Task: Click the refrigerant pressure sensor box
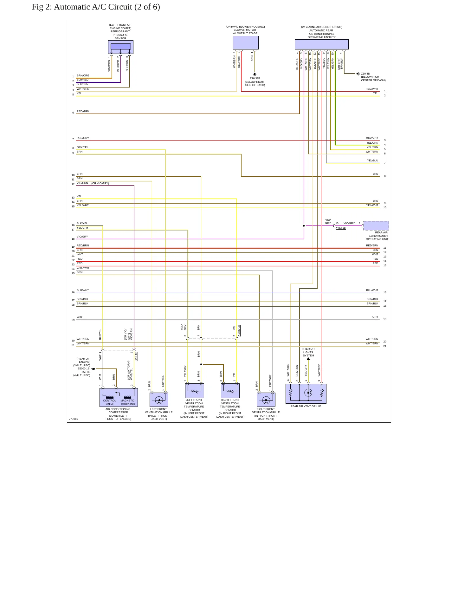120,47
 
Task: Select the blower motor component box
246,42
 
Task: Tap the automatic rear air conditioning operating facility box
321,44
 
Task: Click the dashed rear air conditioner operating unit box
376,226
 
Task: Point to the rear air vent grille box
306,394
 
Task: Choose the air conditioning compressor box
119,397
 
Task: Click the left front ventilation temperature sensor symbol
194,390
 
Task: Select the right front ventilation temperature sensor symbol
230,390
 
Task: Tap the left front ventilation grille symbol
159,400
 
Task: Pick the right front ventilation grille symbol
266,400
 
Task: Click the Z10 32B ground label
255,78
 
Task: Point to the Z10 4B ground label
365,74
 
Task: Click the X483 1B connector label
340,228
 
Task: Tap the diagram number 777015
73,419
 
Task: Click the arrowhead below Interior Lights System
308,359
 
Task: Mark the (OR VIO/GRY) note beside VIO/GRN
100,183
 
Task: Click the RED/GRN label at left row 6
83,111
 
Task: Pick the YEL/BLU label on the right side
373,160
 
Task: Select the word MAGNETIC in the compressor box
127,401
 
